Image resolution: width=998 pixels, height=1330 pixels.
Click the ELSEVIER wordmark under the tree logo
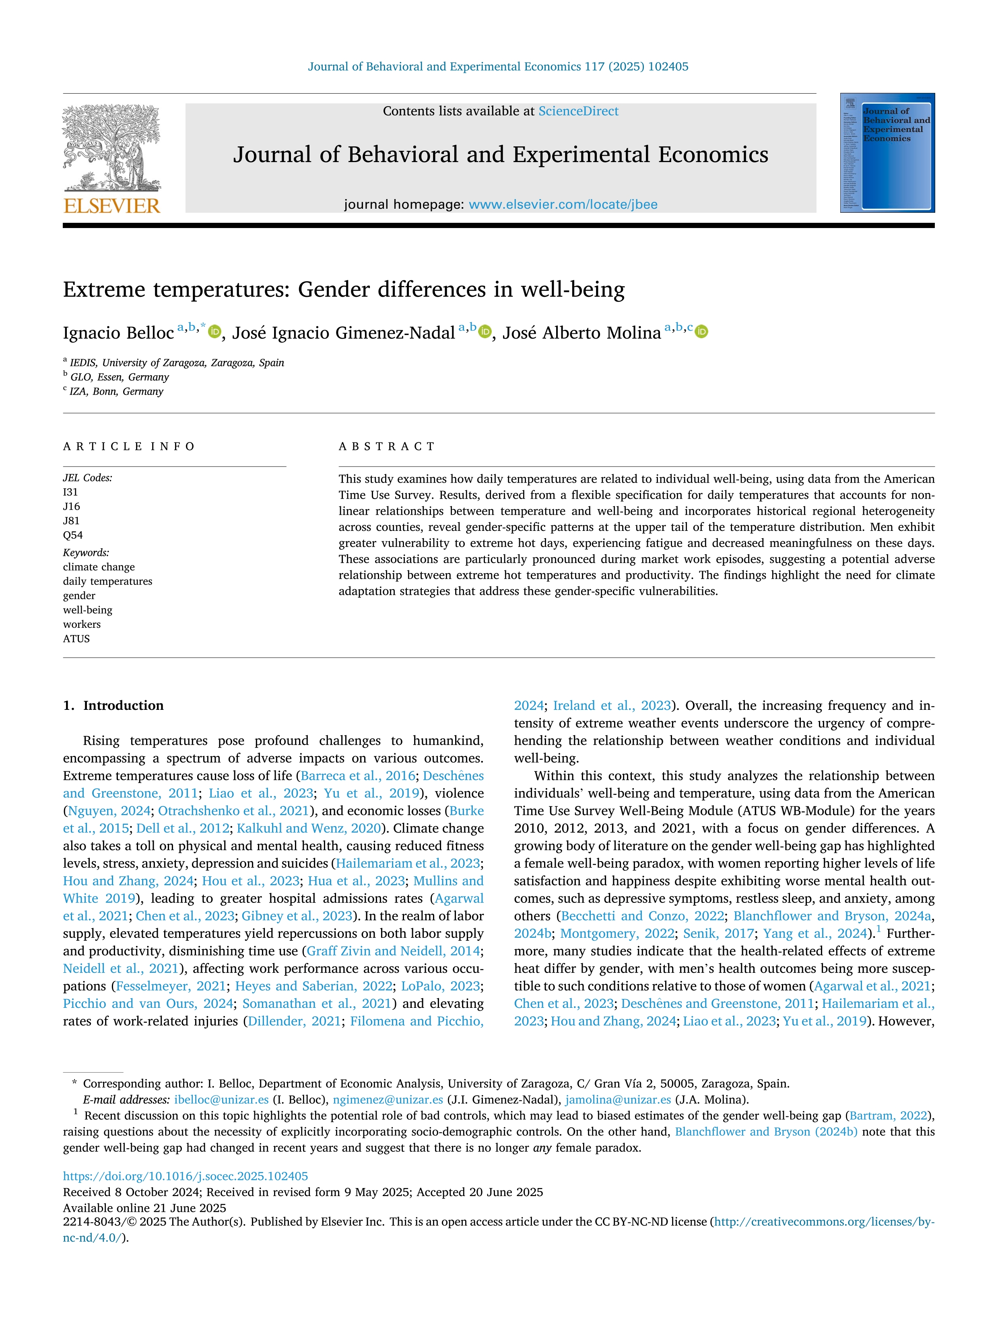pos(112,206)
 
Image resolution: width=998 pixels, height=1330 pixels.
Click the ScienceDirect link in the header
pos(578,111)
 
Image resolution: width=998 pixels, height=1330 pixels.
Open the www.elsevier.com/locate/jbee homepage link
pos(563,204)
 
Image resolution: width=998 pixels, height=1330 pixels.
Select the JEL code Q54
pos(73,535)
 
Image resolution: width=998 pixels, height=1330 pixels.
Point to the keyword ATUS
pos(76,639)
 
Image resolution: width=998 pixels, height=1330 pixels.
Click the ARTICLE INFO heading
pos(129,446)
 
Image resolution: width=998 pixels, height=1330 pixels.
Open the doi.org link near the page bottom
pos(185,1176)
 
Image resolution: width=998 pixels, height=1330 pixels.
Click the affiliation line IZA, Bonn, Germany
pos(116,391)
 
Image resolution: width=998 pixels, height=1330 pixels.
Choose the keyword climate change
pos(99,567)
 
